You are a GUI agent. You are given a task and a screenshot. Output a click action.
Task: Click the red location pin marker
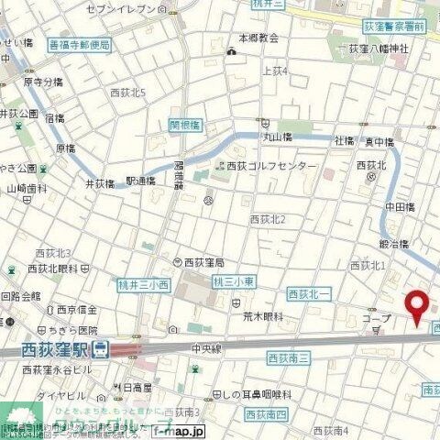tap(419, 305)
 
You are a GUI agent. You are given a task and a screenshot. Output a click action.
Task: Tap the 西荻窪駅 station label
tap(56, 349)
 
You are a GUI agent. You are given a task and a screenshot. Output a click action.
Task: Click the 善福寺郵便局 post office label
tap(79, 44)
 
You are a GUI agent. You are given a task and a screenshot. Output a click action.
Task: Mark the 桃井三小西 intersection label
tap(144, 285)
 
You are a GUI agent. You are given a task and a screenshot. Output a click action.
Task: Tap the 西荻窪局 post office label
tap(204, 262)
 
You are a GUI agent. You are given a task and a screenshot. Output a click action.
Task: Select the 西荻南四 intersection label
tap(266, 390)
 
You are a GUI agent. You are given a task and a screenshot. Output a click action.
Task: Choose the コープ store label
tap(377, 318)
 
